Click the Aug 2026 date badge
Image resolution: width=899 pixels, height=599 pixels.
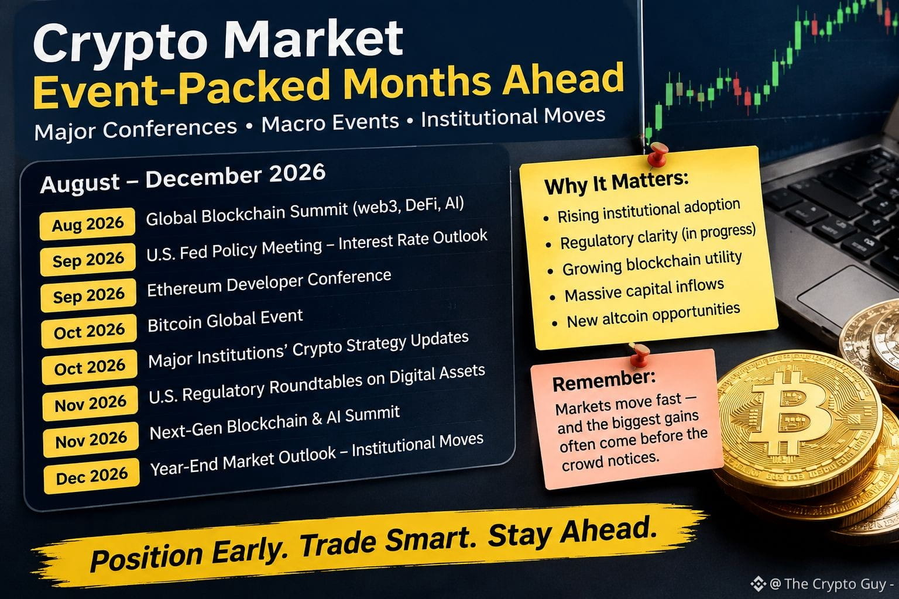tap(87, 224)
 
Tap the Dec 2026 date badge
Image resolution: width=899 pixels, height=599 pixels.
tap(91, 476)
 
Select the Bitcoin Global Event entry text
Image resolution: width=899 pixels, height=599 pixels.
tap(225, 321)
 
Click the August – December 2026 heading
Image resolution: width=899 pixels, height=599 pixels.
tap(183, 178)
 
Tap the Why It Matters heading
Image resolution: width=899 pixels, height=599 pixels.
tap(616, 183)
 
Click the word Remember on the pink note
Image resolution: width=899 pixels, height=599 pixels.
tap(603, 380)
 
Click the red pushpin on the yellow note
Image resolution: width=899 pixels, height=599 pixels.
tap(657, 154)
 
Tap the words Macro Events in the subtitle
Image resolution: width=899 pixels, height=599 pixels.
tap(330, 122)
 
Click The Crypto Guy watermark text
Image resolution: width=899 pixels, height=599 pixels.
tap(831, 584)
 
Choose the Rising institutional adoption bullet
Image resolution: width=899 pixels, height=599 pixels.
tap(648, 211)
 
